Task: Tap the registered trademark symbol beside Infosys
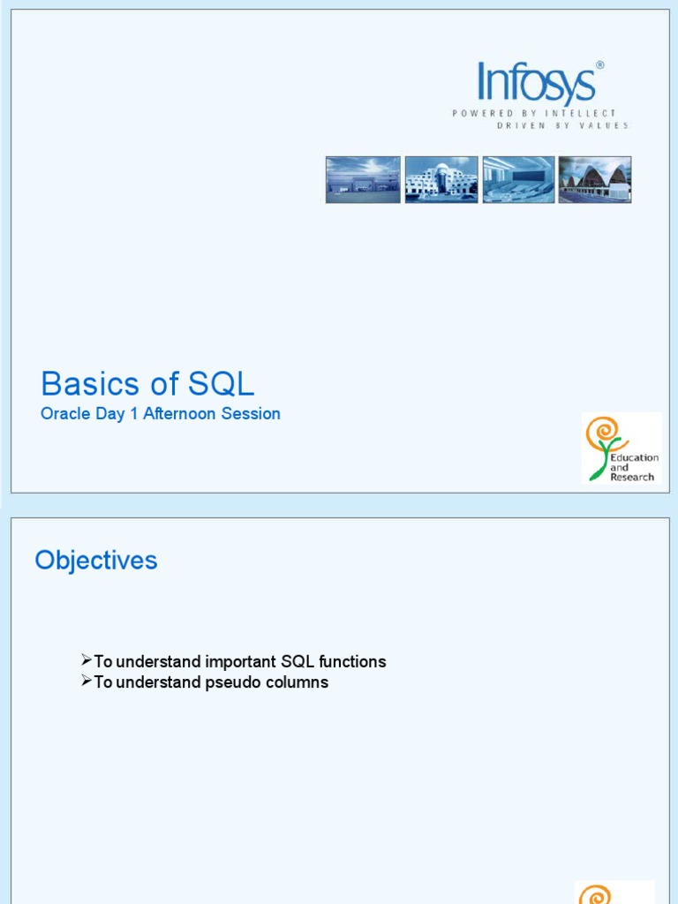600,65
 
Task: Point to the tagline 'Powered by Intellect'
534,113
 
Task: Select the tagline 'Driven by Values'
562,125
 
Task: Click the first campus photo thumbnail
363,179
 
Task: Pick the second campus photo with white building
441,179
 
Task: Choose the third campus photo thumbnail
517,179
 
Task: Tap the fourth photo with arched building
594,179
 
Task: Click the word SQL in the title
221,384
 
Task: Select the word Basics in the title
90,384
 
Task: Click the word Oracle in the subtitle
66,413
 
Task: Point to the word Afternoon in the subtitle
181,413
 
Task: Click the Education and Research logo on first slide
621,448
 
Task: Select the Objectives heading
96,560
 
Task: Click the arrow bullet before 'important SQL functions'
86,660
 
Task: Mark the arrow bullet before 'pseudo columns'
86,682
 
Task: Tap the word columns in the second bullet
298,682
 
